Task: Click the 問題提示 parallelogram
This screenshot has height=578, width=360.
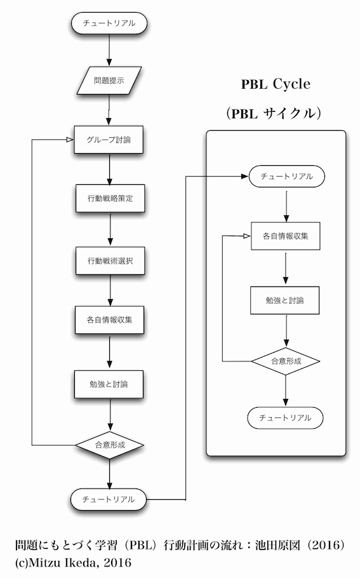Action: coord(109,81)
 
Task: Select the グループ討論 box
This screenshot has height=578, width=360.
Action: coord(109,140)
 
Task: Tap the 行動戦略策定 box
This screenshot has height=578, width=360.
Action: coord(110,198)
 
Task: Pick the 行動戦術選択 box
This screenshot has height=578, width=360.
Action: coord(110,260)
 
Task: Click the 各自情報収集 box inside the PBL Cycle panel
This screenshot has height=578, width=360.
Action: coord(286,236)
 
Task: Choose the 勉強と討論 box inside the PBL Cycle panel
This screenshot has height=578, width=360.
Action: coord(285,300)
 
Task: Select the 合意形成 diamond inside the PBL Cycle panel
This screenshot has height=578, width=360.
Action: coord(286,361)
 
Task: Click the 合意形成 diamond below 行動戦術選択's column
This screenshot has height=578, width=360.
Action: coord(109,445)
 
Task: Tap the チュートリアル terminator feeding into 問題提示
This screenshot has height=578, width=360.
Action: coord(109,23)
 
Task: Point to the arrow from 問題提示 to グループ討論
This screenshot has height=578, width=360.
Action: coord(109,111)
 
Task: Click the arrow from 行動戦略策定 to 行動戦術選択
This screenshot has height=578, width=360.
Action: coord(110,229)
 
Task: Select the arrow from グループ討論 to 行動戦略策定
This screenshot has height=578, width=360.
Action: coord(109,169)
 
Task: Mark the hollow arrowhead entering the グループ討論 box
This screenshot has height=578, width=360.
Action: coord(70,140)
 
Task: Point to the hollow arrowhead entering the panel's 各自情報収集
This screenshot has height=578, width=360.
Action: coord(246,236)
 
